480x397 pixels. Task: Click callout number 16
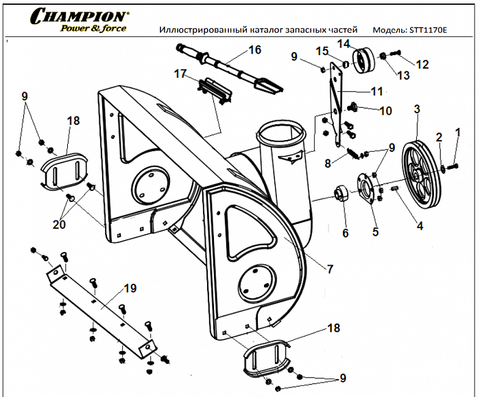254,50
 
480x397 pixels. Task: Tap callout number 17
180,74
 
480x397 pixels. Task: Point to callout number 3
416,109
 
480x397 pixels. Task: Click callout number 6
345,233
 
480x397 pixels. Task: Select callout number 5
375,231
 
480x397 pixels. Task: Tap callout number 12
422,65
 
